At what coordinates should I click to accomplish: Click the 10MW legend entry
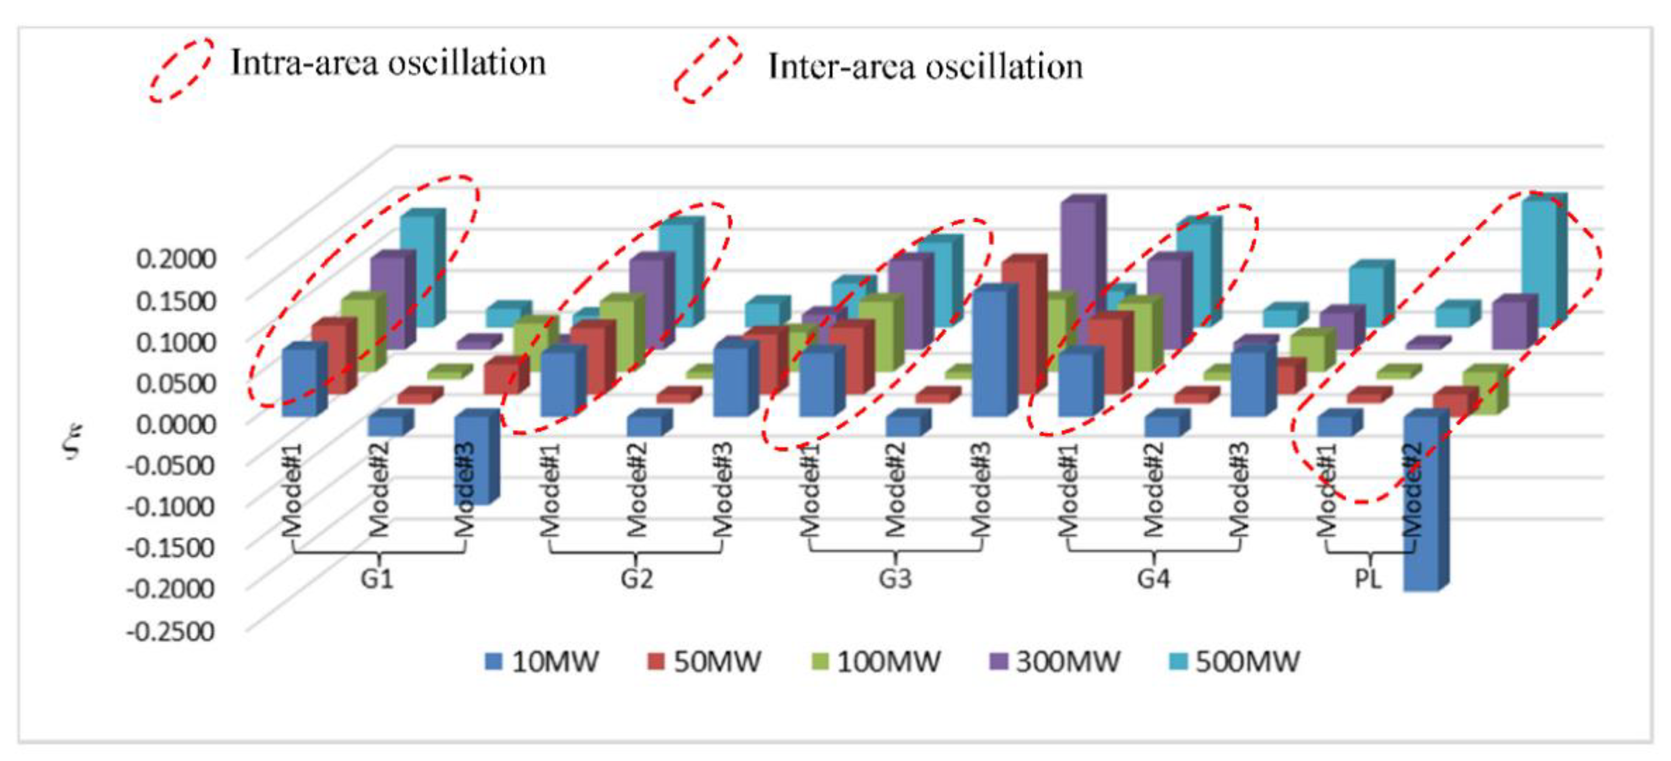coord(542,661)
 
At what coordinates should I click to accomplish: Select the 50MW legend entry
coord(704,661)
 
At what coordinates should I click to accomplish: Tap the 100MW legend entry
coord(876,661)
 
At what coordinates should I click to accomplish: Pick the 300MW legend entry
coord(1054,661)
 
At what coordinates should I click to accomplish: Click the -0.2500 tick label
coord(171,630)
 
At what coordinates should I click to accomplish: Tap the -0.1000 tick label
coord(171,506)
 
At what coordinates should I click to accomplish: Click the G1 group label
coord(377,577)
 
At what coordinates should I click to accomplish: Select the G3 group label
coord(895,577)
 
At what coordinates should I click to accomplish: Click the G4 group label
coord(1153,577)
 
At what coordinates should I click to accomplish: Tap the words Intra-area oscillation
coord(388,64)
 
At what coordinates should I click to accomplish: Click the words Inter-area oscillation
coord(925,67)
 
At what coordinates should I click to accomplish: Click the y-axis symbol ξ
coord(74,440)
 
